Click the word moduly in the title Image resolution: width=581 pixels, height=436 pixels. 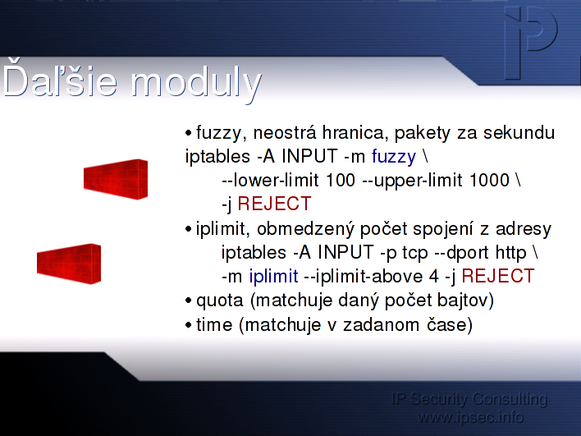[x=197, y=84]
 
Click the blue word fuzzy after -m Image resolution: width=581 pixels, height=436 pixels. [x=394, y=157]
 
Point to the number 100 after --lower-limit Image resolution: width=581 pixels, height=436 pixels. [x=341, y=180]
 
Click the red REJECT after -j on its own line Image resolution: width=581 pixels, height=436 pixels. [x=274, y=204]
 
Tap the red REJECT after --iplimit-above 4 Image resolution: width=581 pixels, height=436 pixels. [x=497, y=276]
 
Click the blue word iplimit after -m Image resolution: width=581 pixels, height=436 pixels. [x=273, y=276]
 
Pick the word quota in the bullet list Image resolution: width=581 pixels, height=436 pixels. [x=220, y=301]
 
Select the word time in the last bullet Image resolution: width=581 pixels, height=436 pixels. [x=214, y=325]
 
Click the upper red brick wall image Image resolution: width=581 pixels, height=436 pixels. [x=116, y=180]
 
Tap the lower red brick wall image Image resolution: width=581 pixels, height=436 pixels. [x=69, y=264]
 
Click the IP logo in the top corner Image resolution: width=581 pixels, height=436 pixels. [x=531, y=43]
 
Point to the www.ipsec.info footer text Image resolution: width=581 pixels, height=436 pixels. [x=470, y=417]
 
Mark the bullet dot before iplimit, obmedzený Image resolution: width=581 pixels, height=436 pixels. [x=189, y=229]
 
